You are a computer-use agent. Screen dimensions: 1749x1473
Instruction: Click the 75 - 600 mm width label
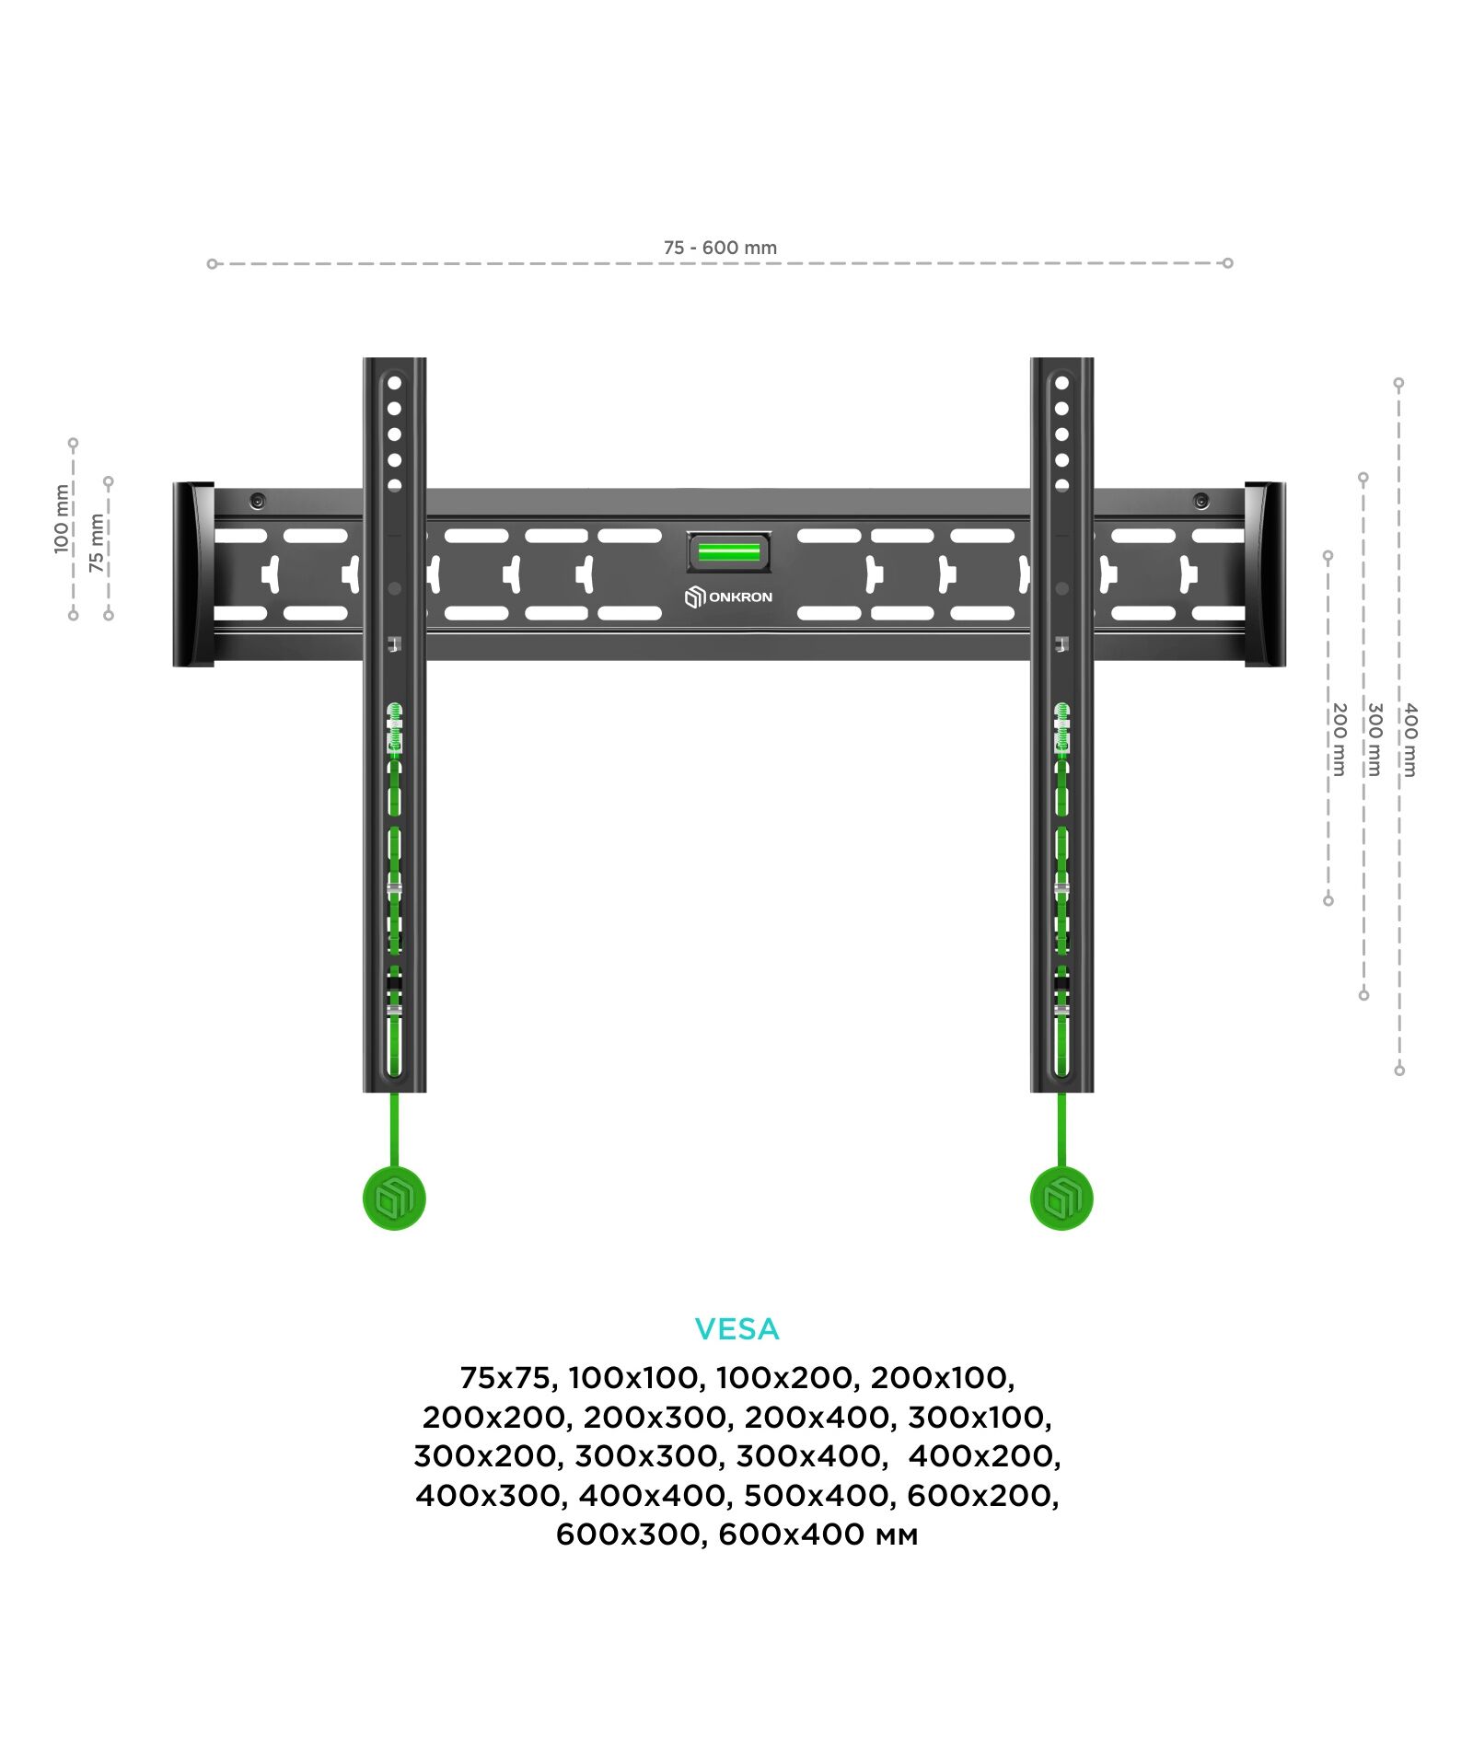720,248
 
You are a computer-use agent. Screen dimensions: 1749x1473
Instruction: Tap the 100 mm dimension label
62,518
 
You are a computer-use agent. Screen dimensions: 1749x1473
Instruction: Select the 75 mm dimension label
97,543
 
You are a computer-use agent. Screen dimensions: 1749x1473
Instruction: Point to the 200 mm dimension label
1340,739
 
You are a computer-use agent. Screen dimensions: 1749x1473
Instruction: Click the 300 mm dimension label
1374,739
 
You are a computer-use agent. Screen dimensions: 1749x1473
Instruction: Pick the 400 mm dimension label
1410,739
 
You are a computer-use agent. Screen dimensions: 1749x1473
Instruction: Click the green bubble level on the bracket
728,552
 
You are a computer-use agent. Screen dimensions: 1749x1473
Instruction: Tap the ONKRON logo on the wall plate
728,597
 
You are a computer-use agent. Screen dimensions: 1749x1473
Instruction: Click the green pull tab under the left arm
395,1199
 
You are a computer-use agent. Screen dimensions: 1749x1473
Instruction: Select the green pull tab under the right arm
1061,1199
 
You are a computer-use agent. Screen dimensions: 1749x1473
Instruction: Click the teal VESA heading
736,1328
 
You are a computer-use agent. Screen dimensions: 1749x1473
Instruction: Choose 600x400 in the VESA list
818,1535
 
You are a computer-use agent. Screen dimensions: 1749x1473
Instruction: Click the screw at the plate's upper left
258,501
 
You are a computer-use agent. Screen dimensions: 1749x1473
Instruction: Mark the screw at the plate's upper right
1201,501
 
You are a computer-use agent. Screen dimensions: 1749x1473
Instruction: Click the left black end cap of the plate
194,574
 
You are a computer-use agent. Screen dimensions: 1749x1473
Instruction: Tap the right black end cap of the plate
1265,574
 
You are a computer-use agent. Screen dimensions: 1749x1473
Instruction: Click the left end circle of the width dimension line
213,264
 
